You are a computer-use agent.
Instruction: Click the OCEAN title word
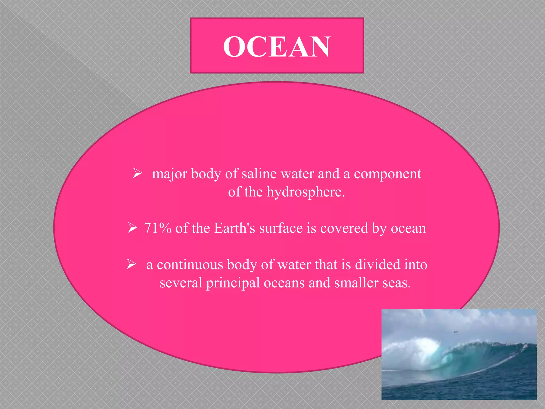point(277,47)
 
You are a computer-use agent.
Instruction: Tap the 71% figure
point(158,228)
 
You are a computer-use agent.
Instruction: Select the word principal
point(233,283)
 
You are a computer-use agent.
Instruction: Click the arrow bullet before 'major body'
point(137,173)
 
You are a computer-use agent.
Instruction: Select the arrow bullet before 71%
point(132,228)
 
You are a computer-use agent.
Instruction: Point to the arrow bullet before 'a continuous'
point(131,264)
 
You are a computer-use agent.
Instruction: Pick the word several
point(181,283)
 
